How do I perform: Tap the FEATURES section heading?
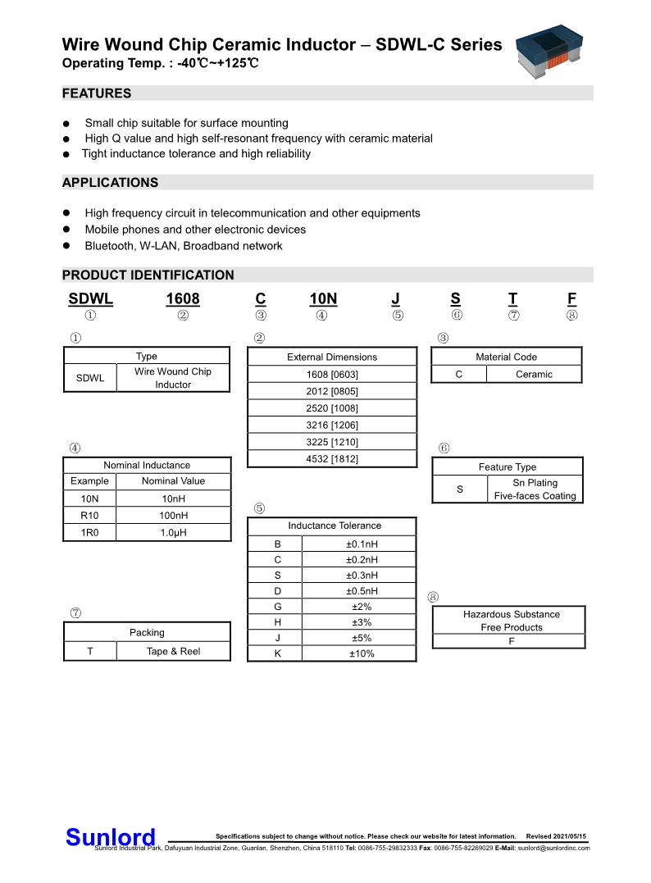pyautogui.click(x=97, y=93)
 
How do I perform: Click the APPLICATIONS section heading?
pyautogui.click(x=110, y=182)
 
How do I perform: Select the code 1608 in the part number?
pyautogui.click(x=183, y=300)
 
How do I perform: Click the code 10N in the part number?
pyautogui.click(x=323, y=300)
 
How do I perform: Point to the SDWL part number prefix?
pyautogui.click(x=90, y=300)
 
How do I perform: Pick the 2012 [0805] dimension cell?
pyautogui.click(x=332, y=391)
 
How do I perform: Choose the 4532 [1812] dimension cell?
pyautogui.click(x=332, y=459)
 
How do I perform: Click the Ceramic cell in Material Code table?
pyautogui.click(x=534, y=374)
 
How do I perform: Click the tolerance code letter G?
pyautogui.click(x=278, y=607)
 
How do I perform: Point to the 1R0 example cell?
pyautogui.click(x=90, y=532)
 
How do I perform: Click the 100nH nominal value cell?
pyautogui.click(x=173, y=516)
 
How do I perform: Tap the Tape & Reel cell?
pyautogui.click(x=173, y=651)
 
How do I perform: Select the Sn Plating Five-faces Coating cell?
pyautogui.click(x=535, y=489)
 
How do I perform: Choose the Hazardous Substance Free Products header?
pyautogui.click(x=511, y=621)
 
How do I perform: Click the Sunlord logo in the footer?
pyautogui.click(x=111, y=837)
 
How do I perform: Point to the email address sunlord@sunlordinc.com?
pyautogui.click(x=553, y=848)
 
